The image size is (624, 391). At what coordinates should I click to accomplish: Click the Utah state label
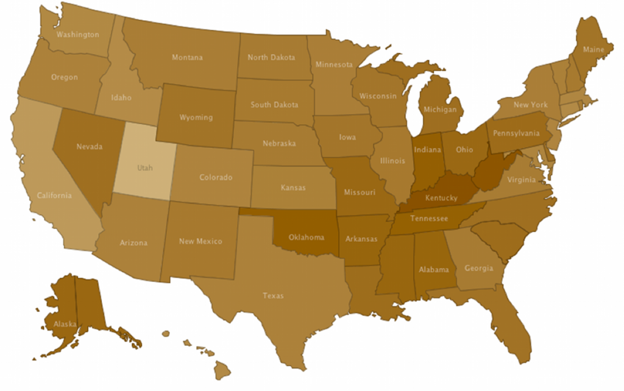click(145, 167)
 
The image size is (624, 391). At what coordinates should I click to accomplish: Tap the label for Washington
click(77, 35)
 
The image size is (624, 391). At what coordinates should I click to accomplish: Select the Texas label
click(273, 296)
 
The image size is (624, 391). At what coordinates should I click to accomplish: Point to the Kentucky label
click(441, 198)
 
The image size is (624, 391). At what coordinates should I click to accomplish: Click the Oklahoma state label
click(306, 238)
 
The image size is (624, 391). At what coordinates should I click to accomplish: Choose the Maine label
click(594, 49)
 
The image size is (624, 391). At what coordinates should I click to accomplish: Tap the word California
click(54, 195)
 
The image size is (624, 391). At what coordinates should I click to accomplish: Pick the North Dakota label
click(271, 58)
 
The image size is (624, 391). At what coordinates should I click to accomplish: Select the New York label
click(530, 105)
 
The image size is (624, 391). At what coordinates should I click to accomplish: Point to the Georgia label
click(479, 268)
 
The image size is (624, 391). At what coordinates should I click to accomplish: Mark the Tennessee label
click(429, 219)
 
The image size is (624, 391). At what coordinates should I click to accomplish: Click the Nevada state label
click(89, 147)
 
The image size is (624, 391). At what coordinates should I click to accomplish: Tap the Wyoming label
click(196, 118)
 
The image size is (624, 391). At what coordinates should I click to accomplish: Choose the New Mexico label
click(200, 242)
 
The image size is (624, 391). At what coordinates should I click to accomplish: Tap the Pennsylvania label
click(516, 133)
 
